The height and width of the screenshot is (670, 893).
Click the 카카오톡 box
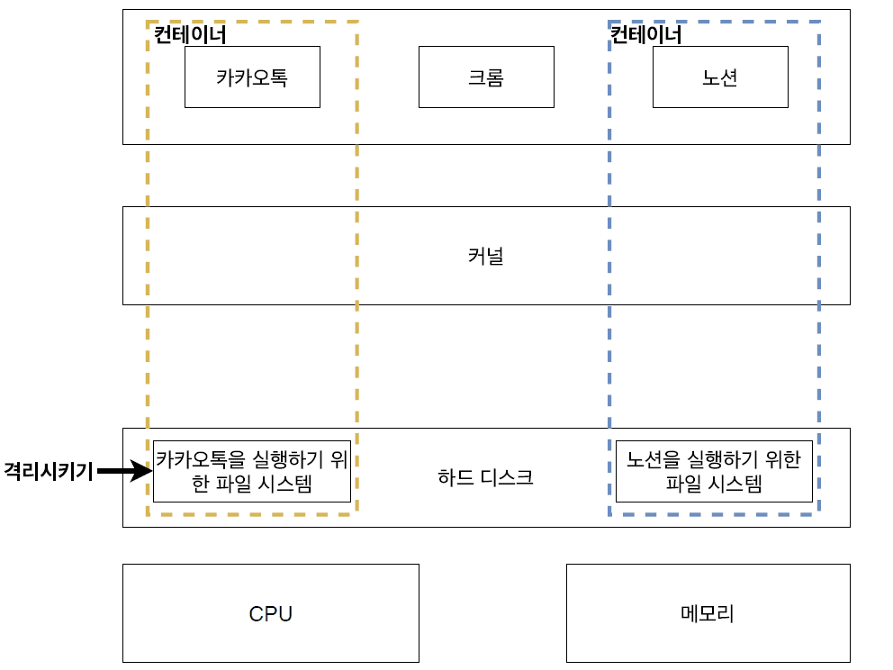[x=252, y=77]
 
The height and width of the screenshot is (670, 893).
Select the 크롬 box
[x=486, y=77]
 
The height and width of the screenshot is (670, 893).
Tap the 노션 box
[x=720, y=77]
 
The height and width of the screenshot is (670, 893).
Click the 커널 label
[x=486, y=256]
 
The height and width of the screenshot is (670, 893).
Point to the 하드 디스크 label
[x=486, y=477]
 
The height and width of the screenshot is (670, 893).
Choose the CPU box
[x=271, y=613]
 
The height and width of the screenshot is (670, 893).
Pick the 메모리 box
[x=708, y=613]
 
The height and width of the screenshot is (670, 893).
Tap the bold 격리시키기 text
[x=49, y=471]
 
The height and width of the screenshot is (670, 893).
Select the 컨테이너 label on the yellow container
[x=190, y=35]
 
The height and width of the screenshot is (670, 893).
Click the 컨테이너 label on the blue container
[x=646, y=35]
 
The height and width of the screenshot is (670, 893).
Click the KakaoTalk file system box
[x=251, y=471]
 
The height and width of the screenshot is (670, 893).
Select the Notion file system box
[x=714, y=471]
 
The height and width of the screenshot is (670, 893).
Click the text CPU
[x=271, y=614]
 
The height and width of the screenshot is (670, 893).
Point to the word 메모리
[x=708, y=614]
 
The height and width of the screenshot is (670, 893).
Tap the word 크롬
[x=486, y=77]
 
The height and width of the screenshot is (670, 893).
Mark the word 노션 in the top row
[x=720, y=77]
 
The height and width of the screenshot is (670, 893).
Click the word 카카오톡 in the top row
[x=252, y=77]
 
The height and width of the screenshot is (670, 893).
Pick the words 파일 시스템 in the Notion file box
[x=714, y=484]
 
